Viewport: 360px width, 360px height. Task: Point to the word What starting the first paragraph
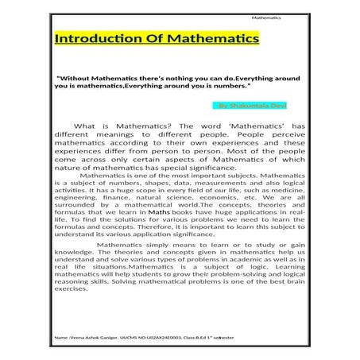click(x=107, y=126)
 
